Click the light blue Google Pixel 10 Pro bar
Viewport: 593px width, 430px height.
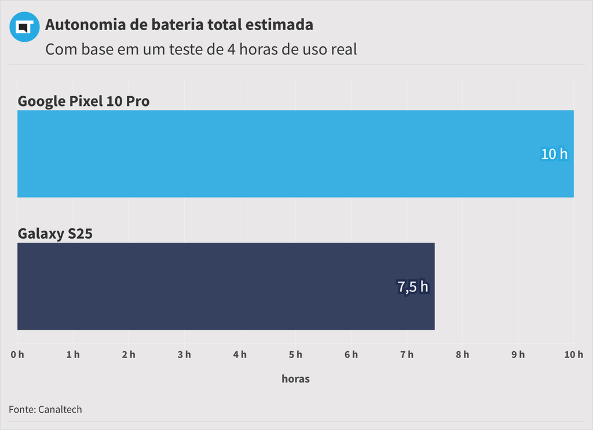[278, 154]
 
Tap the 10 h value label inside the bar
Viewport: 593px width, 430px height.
[554, 154]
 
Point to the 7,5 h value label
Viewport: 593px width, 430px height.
[413, 287]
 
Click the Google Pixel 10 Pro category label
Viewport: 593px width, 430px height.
[83, 101]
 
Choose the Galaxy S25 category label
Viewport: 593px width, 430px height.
[55, 234]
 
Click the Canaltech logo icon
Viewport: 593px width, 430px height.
[24, 27]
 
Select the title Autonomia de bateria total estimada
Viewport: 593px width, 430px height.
[179, 25]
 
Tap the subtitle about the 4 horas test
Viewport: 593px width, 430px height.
[201, 49]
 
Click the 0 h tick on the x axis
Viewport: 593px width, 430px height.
[17, 355]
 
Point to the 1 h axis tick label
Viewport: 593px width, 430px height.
[73, 355]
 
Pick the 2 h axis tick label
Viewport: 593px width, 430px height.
[129, 355]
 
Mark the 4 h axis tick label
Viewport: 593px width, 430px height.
[240, 355]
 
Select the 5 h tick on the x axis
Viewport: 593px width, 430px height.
[295, 355]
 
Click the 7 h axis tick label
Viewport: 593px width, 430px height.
[407, 355]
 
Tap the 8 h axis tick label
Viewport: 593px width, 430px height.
[462, 355]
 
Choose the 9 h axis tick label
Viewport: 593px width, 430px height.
[518, 355]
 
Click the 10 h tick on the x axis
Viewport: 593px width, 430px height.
[573, 355]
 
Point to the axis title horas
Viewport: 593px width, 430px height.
[295, 379]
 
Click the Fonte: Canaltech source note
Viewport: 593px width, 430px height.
[45, 410]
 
